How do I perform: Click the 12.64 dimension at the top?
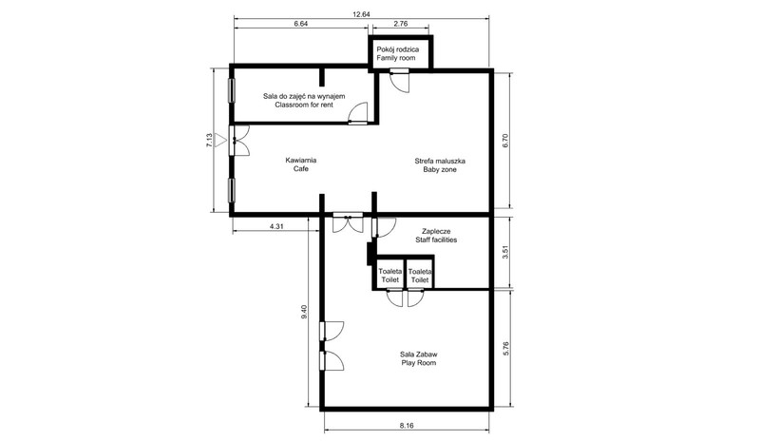[x=361, y=14]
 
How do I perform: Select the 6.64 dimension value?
[x=300, y=24]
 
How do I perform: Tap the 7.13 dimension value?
[x=209, y=141]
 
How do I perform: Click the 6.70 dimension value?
[x=505, y=141]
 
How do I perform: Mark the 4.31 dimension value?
[x=276, y=226]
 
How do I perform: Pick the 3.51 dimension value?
[x=505, y=253]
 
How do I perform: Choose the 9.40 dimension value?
[x=304, y=312]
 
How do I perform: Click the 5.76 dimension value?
[x=505, y=350]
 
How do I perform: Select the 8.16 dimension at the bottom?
[x=407, y=426]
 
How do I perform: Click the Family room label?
[x=396, y=58]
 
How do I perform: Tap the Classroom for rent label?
[x=304, y=105]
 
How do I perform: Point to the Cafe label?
[x=300, y=169]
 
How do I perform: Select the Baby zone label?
[x=440, y=170]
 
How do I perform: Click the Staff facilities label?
[x=436, y=240]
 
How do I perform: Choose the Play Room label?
[x=419, y=363]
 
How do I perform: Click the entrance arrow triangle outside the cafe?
[x=220, y=141]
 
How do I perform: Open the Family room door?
[x=400, y=81]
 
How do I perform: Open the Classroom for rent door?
[x=358, y=113]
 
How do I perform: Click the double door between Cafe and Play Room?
[x=348, y=223]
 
